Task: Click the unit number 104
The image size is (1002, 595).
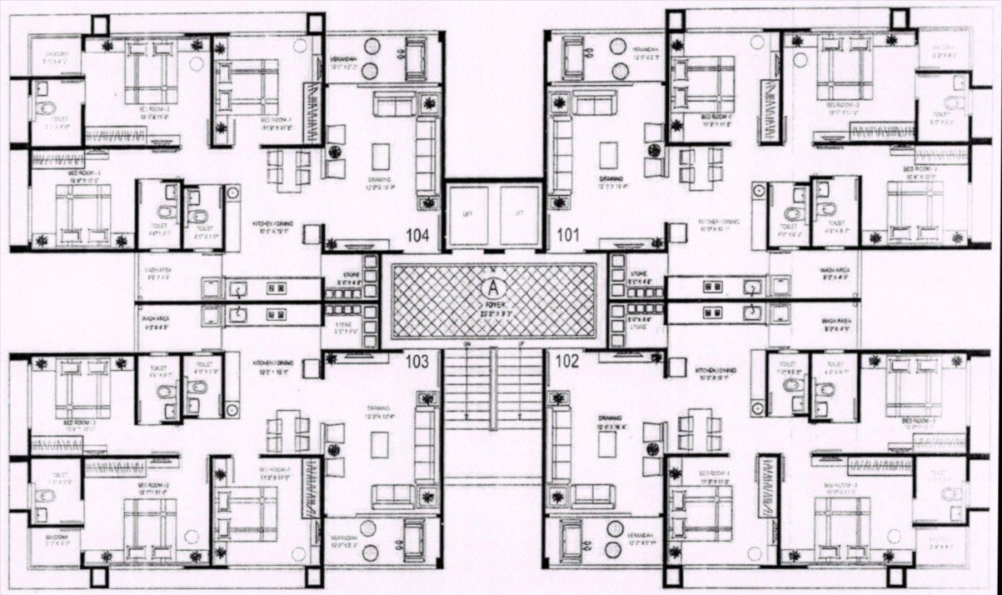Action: click(417, 236)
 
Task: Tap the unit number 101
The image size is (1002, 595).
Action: click(568, 236)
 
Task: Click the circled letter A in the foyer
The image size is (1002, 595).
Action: click(494, 287)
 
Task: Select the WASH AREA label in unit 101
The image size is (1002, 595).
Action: click(835, 271)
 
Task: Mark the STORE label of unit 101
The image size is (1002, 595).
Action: click(640, 273)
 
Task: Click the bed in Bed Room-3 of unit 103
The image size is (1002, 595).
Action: click(82, 388)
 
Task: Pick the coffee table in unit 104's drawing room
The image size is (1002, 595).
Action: click(381, 156)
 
